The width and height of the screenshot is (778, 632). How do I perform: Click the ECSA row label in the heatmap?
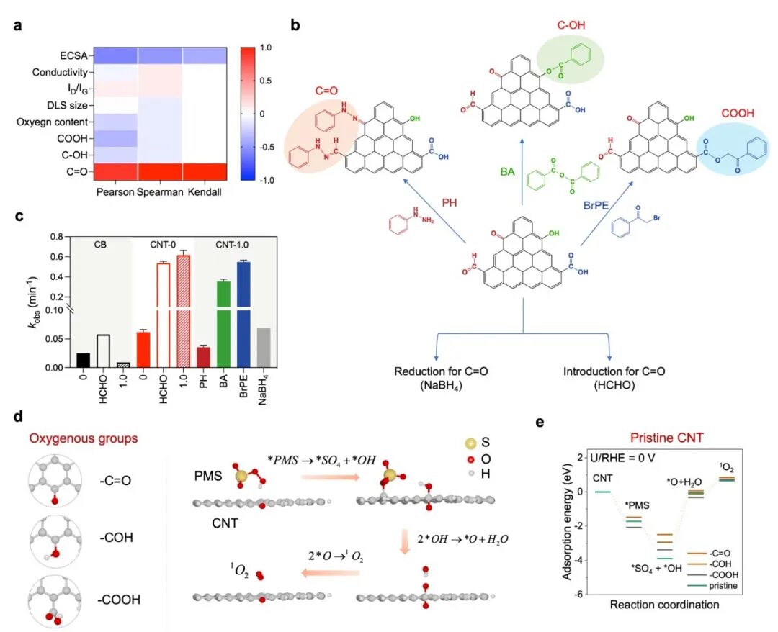click(73, 55)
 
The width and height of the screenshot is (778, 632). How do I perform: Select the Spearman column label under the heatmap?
click(160, 191)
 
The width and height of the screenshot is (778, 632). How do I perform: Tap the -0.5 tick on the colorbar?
click(266, 148)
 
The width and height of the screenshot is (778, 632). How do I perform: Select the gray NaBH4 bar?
click(264, 348)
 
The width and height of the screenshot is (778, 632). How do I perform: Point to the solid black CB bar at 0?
click(84, 361)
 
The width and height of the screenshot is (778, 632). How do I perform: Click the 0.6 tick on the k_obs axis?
click(58, 257)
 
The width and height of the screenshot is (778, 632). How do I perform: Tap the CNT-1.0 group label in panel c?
click(232, 245)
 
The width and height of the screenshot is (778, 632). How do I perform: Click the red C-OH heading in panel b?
click(571, 24)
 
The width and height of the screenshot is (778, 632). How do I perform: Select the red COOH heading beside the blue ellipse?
click(738, 114)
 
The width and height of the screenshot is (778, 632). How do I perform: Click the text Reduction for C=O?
click(441, 371)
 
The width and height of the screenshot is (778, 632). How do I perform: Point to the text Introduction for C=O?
click(614, 371)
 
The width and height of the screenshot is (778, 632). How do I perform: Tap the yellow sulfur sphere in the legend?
click(470, 443)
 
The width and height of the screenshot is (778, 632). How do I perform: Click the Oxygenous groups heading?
click(84, 438)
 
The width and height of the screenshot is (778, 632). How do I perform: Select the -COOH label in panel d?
click(119, 600)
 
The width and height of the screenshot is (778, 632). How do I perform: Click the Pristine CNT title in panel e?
click(667, 438)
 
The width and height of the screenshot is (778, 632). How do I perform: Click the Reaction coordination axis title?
click(664, 605)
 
